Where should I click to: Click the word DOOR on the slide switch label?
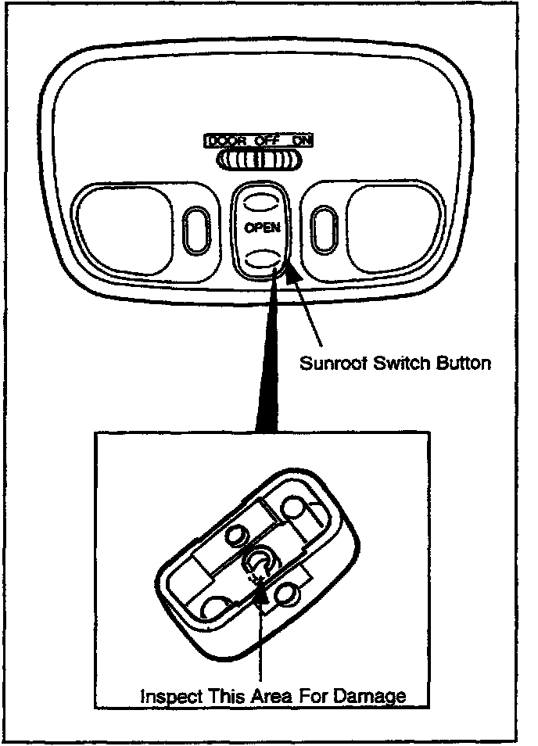coord(224,142)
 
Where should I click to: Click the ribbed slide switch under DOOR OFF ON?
coord(260,160)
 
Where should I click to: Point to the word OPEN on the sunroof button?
coord(261,228)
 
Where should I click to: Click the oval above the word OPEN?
coord(260,202)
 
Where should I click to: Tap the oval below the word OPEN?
coord(261,258)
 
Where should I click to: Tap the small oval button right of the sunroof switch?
coord(323,226)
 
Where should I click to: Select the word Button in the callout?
coord(462,363)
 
